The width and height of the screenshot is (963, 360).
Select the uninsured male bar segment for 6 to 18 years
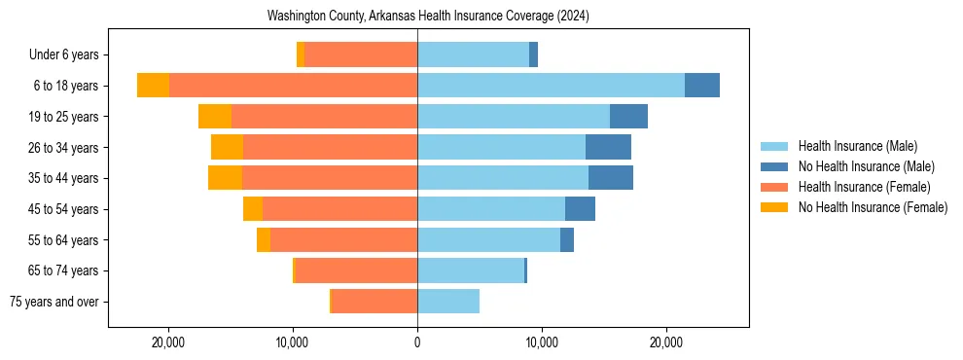pos(702,86)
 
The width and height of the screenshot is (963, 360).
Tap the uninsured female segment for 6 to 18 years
pos(153,86)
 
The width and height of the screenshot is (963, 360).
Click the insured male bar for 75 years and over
pos(448,302)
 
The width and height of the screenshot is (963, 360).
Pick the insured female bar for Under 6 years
pos(361,54)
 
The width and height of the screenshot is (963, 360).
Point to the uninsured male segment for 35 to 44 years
pos(611,178)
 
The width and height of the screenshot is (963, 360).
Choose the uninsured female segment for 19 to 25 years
pos(215,117)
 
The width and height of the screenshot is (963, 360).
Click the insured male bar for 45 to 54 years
pos(491,209)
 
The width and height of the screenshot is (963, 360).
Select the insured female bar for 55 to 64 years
pos(343,240)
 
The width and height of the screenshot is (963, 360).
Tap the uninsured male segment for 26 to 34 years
pos(608,147)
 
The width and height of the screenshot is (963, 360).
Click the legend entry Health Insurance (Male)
pos(857,146)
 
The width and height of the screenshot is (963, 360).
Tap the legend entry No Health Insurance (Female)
pos(873,207)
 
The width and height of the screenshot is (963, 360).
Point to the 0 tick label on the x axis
pos(417,342)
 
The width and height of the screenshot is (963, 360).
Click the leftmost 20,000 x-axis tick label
pos(168,342)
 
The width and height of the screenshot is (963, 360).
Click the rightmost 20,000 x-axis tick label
pos(666,342)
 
